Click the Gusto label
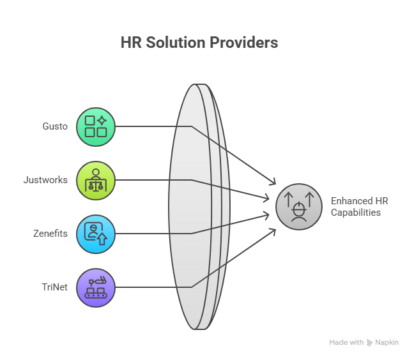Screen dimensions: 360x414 coord(55,126)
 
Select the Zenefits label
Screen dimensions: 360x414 coord(50,234)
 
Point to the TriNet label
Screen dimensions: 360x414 coord(54,287)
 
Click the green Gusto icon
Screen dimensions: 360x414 coord(96,126)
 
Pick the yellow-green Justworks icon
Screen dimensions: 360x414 coord(96,180)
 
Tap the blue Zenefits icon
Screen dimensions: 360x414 coord(96,234)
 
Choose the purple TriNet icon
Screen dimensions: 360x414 coord(96,287)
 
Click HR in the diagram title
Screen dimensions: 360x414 coord(130,43)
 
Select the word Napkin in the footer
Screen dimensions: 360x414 coord(388,343)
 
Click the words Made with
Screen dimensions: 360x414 coord(346,343)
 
